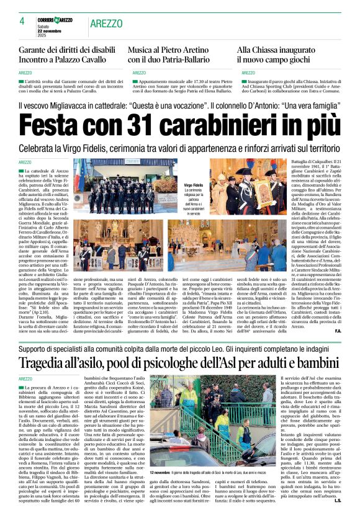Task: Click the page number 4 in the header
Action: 22,21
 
